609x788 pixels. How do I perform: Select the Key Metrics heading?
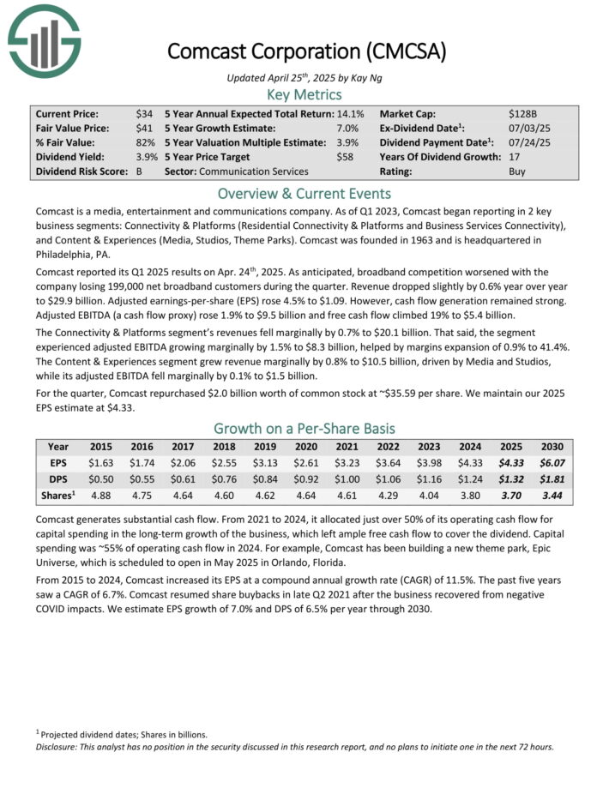304,94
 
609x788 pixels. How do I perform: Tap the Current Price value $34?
144,114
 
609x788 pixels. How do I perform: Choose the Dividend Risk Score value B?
139,172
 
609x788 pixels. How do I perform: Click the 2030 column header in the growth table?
552,447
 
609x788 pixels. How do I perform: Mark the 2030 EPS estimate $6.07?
552,464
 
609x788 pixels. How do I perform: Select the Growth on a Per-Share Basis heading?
304,428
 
